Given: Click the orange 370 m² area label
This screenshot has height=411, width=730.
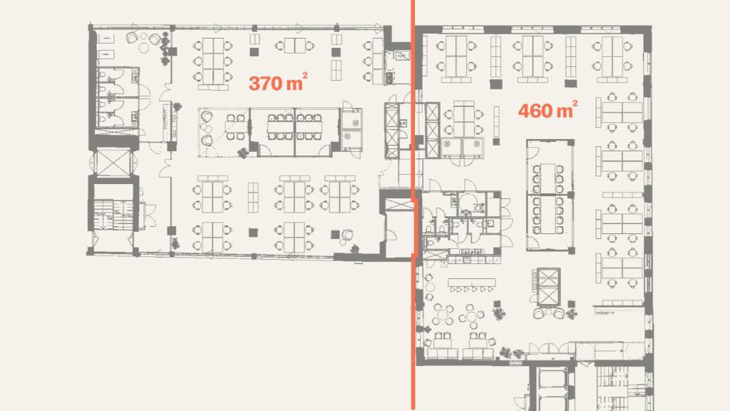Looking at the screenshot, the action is [x=278, y=83].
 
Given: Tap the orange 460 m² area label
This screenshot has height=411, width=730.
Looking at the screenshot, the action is [x=547, y=110].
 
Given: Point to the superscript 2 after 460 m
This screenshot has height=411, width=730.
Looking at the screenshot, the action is [x=575, y=103].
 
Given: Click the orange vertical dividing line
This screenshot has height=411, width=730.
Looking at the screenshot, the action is [x=413, y=205].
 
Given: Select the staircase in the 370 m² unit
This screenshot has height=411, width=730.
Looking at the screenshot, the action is [x=113, y=214].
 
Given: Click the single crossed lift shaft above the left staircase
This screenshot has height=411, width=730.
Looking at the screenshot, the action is [x=113, y=162].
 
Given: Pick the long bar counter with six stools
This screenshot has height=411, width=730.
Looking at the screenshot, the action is [x=472, y=284].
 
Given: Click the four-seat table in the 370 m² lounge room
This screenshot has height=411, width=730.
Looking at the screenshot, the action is [x=235, y=127].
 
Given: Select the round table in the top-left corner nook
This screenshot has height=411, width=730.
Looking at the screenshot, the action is [x=143, y=47].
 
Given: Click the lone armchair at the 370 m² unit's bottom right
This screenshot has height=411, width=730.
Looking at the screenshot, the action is [x=347, y=235].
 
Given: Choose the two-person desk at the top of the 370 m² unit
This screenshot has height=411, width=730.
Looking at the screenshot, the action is [x=294, y=46].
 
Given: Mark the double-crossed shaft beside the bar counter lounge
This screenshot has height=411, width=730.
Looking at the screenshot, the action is [x=548, y=285].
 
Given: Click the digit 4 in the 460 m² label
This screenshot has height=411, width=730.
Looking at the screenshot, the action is [x=525, y=111].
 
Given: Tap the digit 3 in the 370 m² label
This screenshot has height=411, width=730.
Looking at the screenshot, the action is [x=255, y=83].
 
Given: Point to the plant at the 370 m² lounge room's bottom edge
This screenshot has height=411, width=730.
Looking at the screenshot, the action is [x=242, y=153].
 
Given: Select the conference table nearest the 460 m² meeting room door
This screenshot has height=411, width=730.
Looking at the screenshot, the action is [x=548, y=178].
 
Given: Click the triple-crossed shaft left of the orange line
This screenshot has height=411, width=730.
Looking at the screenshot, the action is [x=392, y=131].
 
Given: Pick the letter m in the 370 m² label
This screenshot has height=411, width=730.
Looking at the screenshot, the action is [x=294, y=84].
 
